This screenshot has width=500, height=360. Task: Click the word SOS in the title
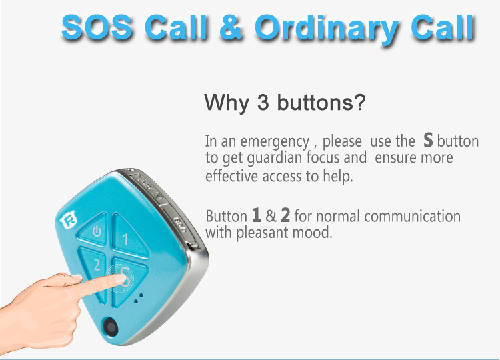pos(97,27)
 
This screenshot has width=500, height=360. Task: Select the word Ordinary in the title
pos(327,29)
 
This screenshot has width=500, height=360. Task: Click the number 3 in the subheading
pos(263,103)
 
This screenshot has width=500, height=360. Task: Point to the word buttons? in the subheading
pos(321,102)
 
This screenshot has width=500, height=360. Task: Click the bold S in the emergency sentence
pos(428,140)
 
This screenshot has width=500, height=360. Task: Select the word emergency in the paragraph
pos(275,142)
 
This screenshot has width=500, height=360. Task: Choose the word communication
pos(412,216)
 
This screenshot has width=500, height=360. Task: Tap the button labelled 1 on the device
pos(127,236)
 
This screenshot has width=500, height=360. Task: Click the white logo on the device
pos(69,220)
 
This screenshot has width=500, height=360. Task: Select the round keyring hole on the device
pos(110,327)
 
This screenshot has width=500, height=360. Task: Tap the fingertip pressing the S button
pos(120,279)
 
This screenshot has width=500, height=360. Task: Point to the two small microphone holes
pos(139,298)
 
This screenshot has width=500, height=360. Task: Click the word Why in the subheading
pos(227,103)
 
